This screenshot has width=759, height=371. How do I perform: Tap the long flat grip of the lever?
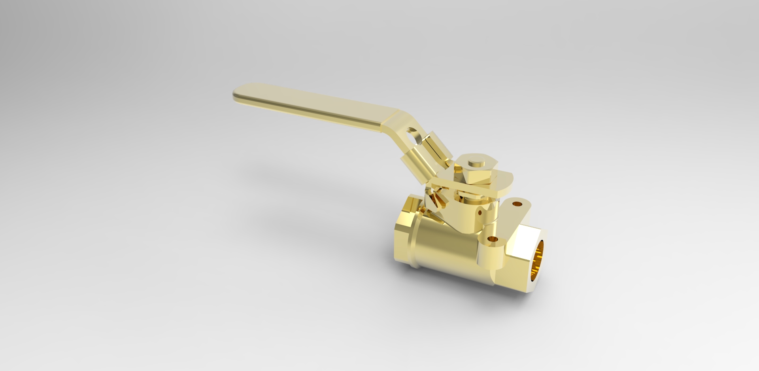(312, 106)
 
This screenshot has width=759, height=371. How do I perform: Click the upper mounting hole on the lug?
(517, 204)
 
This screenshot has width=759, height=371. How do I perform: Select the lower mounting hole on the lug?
(492, 239)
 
